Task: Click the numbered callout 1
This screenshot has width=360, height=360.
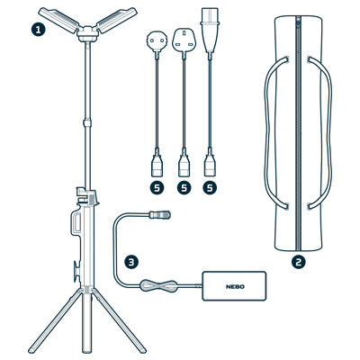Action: click(38, 30)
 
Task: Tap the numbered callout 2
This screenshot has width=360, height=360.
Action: click(299, 262)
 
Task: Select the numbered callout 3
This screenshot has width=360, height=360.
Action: click(131, 262)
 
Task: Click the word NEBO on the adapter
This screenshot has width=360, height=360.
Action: click(235, 286)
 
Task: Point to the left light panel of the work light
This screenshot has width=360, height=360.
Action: click(58, 20)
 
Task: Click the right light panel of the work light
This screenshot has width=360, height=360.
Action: click(117, 20)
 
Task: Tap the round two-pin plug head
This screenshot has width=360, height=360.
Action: click(156, 41)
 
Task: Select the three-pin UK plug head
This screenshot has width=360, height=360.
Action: click(184, 40)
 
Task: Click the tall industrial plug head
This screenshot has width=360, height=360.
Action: click(210, 30)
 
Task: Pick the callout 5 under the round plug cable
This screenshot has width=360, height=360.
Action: click(157, 188)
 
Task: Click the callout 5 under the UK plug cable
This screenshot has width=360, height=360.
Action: click(184, 188)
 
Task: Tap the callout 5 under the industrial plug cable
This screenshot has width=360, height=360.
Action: click(210, 188)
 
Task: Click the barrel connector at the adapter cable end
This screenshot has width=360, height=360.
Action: click(160, 214)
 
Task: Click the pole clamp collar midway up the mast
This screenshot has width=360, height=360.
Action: click(87, 122)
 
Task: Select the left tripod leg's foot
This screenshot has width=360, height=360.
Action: click(31, 350)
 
